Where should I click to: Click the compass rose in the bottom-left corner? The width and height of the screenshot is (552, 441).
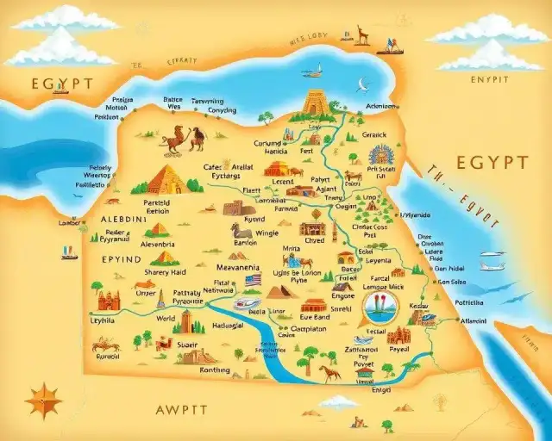coord(43,401)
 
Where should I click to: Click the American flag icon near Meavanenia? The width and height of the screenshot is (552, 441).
coord(253,280)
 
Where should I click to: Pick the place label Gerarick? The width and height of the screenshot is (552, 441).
coord(374,134)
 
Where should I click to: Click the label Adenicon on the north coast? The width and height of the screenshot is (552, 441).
coord(383,107)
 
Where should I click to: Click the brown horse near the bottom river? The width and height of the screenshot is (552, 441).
coord(329,373)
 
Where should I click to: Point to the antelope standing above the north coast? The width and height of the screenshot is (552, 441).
coord(362,34)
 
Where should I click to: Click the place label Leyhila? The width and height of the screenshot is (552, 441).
coord(102,320)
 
